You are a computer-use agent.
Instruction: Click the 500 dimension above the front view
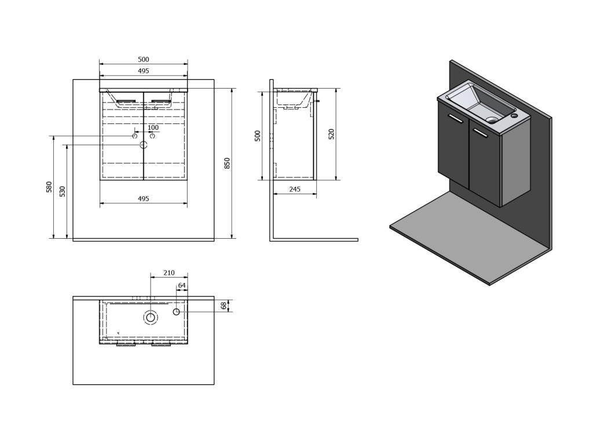click(144, 59)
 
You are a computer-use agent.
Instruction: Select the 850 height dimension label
click(228, 163)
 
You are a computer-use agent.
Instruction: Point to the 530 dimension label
click(63, 191)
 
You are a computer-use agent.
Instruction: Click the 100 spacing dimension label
click(153, 127)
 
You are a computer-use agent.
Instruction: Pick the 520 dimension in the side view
click(331, 134)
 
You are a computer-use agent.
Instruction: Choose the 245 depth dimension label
click(294, 189)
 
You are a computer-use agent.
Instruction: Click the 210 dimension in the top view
click(169, 272)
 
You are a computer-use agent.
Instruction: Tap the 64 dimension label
click(182, 285)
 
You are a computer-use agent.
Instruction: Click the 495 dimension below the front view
click(144, 199)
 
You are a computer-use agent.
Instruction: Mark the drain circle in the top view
click(151, 317)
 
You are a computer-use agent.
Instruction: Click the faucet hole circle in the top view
click(177, 312)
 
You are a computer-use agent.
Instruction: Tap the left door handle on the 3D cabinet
click(455, 119)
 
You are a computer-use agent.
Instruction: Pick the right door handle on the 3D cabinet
click(480, 133)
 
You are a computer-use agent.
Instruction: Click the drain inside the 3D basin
click(492, 121)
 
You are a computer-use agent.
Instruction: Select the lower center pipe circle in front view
click(143, 145)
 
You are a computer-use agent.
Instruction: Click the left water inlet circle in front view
click(134, 136)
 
